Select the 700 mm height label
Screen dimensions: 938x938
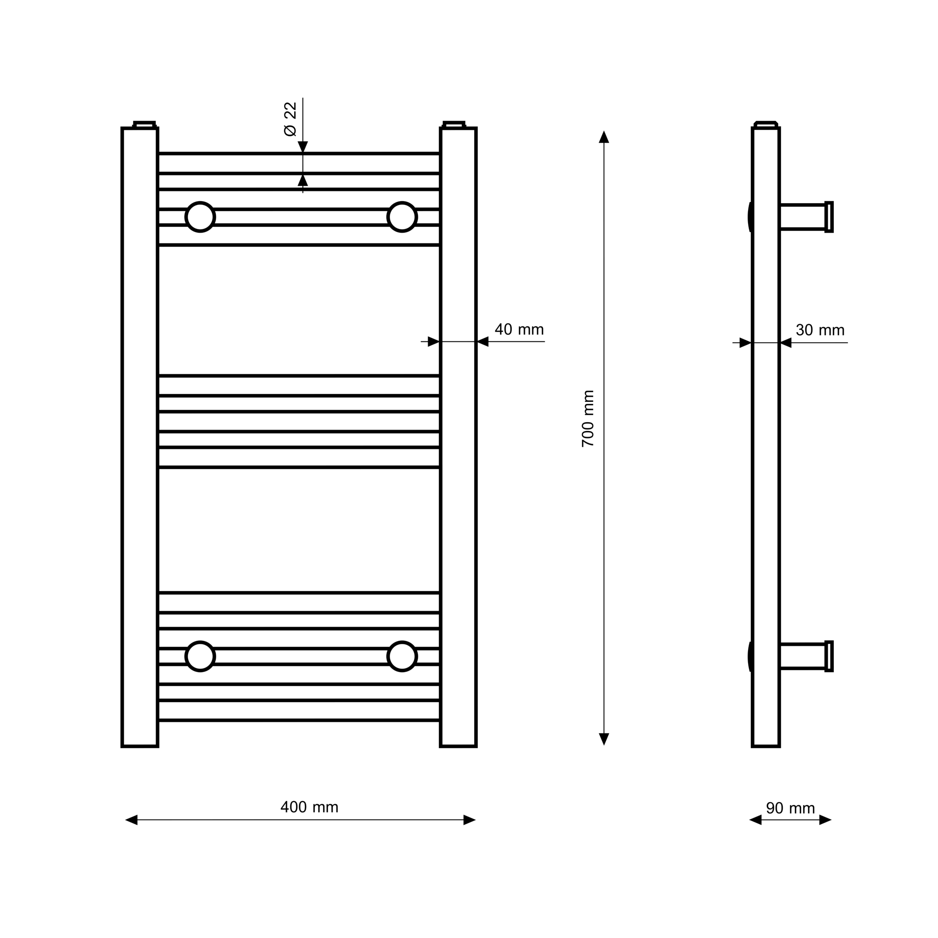tap(588, 418)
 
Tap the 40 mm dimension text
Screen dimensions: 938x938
tap(519, 329)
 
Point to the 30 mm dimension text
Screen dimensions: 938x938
tap(820, 330)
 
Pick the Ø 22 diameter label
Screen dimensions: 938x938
tap(290, 119)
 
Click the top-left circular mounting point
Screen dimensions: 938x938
tap(200, 217)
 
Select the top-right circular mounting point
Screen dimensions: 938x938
tap(402, 217)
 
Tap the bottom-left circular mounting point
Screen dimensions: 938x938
tap(200, 657)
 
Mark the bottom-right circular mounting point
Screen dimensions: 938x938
tap(402, 657)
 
